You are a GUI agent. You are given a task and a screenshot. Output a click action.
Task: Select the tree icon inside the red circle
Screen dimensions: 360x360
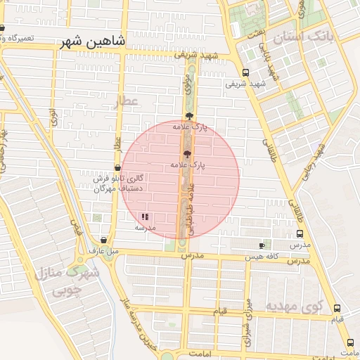pyautogui.click(x=187, y=154)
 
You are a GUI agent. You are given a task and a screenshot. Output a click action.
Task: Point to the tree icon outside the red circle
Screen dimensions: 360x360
pyautogui.click(x=188, y=116)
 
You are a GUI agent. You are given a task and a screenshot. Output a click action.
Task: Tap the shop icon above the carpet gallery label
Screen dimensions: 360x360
pyautogui.click(x=117, y=168)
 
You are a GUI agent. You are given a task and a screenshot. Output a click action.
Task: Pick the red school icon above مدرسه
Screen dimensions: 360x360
pyautogui.click(x=146, y=217)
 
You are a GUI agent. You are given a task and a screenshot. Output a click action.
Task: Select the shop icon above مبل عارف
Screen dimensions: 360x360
pyautogui.click(x=105, y=240)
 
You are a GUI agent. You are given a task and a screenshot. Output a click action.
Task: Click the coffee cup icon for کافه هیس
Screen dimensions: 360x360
pyautogui.click(x=262, y=245)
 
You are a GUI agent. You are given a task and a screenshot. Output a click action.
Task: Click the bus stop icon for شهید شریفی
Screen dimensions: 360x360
pyautogui.click(x=245, y=72)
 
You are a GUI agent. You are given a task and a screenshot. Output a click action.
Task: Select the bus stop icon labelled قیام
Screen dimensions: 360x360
pyautogui.click(x=337, y=308)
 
